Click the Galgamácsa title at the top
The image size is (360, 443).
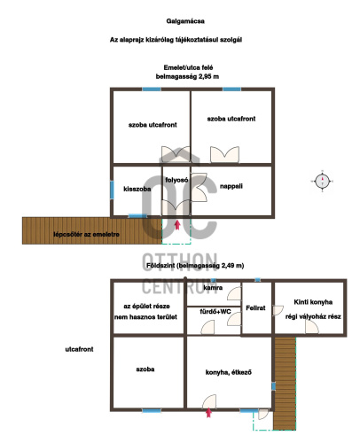(x=185, y=21)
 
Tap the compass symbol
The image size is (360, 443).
(x=322, y=181)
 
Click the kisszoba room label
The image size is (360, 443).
(x=137, y=189)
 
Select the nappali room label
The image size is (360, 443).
(x=231, y=186)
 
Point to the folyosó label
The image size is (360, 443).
(x=176, y=180)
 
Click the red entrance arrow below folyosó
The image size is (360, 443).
(x=177, y=225)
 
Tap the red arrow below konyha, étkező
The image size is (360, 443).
(x=208, y=413)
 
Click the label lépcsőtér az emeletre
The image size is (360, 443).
(x=86, y=235)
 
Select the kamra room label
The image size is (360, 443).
(x=213, y=287)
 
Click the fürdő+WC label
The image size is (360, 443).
(x=215, y=312)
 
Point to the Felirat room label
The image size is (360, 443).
(x=255, y=308)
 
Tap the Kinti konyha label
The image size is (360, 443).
(x=313, y=302)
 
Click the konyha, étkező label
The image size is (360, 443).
(x=229, y=372)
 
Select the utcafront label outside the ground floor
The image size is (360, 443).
(x=79, y=349)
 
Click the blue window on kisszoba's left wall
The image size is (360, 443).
(x=112, y=190)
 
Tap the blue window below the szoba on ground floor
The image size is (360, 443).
(x=152, y=410)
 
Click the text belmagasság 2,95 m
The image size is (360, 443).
(x=187, y=77)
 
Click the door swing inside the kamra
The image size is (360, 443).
(x=234, y=293)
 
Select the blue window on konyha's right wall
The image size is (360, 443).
(x=273, y=386)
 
